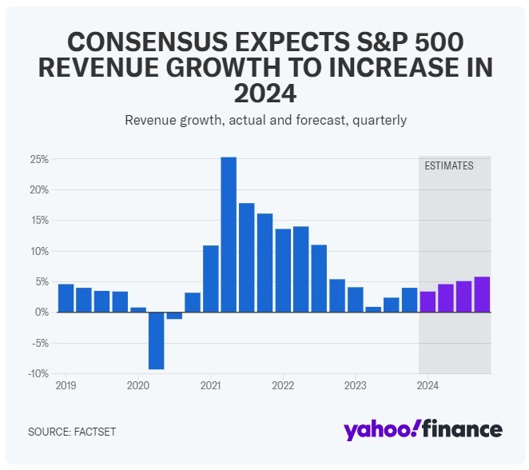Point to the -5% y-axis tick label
[x=40, y=343]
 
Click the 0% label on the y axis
[x=42, y=313]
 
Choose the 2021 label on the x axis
[x=210, y=385]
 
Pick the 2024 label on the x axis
[x=428, y=385]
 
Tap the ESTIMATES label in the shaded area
[x=448, y=166]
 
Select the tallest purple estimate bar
[x=482, y=294]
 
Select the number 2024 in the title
[x=264, y=94]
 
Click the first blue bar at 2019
[x=66, y=298]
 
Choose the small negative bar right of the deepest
[x=174, y=316]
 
